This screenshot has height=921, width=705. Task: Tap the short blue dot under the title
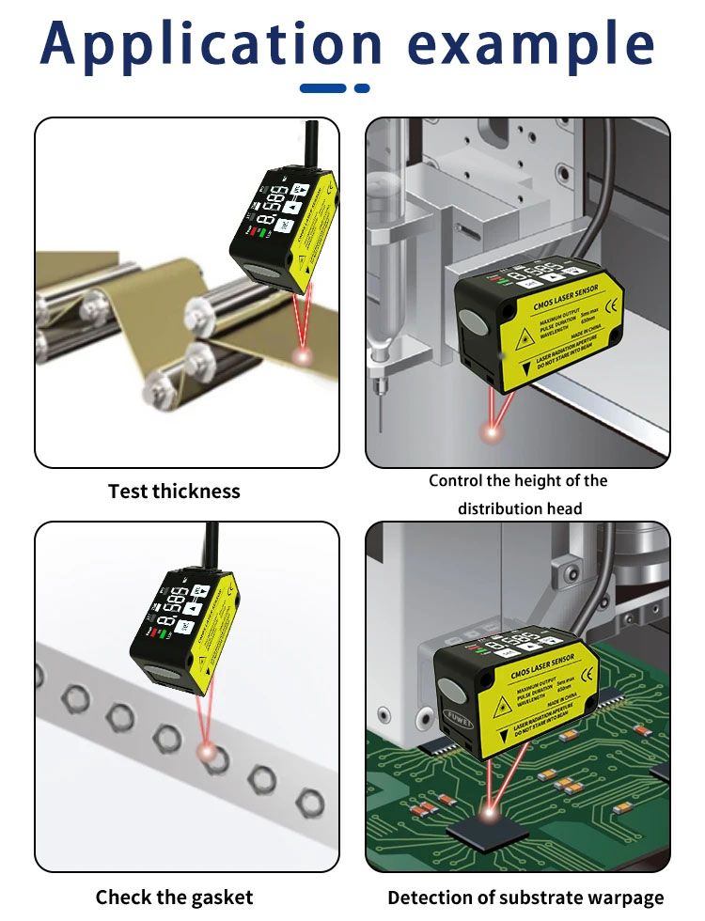pos(362,88)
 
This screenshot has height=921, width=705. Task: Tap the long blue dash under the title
pos(322,88)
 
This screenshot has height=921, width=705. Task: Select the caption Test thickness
pos(174,491)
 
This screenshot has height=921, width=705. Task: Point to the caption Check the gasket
pos(174,897)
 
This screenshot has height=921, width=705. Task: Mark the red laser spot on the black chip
pos(490,806)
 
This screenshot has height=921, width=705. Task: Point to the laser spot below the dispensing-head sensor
pos(491,431)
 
